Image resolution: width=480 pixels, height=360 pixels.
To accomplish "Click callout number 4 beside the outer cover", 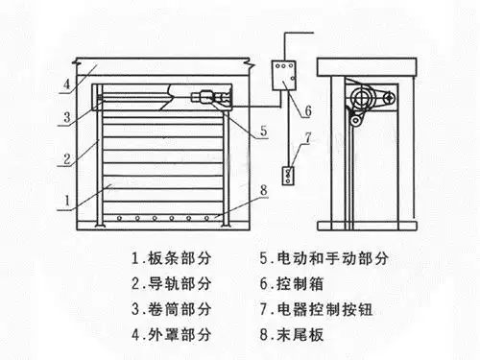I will click(x=66, y=84).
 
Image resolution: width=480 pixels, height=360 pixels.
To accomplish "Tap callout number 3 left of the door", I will click(x=66, y=117).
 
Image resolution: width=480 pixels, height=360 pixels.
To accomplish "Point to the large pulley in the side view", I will click(x=363, y=100).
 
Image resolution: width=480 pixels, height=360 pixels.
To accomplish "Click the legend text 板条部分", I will click(x=177, y=257).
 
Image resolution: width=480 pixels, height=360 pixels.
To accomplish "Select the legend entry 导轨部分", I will click(x=177, y=283).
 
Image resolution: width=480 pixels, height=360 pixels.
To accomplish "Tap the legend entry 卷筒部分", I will click(x=177, y=310).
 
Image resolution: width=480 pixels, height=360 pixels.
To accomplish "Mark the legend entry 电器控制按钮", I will click(x=327, y=310).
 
